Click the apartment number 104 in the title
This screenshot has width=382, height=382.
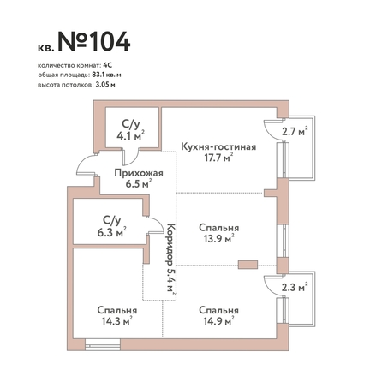110,42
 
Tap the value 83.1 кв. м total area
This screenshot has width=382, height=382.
106,75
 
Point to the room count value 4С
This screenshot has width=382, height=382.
108,65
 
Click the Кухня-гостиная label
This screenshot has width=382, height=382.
218,146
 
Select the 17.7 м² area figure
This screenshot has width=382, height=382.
218,158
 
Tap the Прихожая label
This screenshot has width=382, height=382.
139,173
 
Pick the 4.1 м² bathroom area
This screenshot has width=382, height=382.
131,136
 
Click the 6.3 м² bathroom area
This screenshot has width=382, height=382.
112,232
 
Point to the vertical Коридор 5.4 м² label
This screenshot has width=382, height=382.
170,257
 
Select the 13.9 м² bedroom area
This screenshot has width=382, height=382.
219,238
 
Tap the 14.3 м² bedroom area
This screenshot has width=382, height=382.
116,321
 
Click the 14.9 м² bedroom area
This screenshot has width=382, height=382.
218,321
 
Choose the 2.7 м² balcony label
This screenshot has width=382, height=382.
295,132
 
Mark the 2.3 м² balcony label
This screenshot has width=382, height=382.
295,287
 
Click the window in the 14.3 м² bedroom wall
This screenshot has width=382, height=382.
103,344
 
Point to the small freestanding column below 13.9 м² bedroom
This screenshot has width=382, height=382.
248,265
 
